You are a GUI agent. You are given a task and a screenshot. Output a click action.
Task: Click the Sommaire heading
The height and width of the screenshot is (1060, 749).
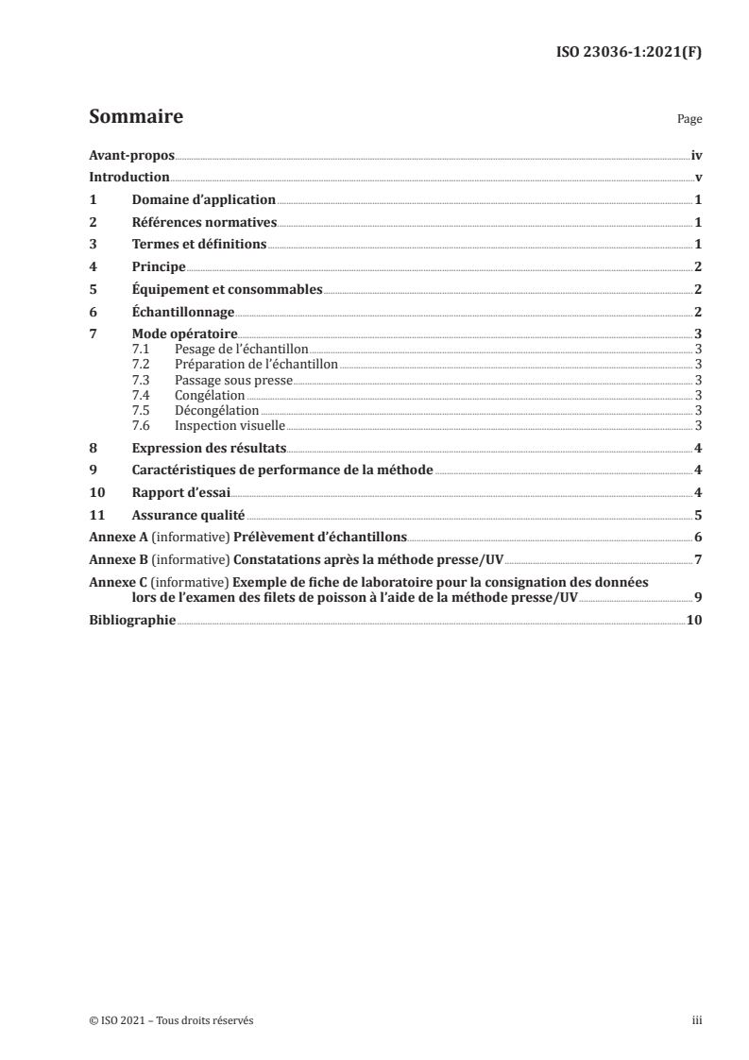135,118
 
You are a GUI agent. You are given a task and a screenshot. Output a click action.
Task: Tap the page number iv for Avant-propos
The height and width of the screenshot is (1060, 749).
696,156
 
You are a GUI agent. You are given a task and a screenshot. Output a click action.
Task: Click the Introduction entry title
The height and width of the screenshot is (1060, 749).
128,178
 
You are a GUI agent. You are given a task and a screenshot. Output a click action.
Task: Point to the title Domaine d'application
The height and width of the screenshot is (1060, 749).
203,200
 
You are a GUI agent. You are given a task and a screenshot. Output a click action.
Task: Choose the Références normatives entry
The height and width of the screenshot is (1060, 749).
204,223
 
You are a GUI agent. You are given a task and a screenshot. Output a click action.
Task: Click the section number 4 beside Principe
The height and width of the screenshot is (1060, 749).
93,267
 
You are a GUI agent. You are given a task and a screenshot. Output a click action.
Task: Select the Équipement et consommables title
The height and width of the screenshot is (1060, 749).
228,289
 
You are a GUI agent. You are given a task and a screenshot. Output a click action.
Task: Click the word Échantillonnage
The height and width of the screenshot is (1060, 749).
182,312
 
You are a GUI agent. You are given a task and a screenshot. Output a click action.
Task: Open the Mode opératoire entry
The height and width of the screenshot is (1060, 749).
184,334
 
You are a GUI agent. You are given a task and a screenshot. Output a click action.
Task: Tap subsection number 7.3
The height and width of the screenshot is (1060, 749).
140,380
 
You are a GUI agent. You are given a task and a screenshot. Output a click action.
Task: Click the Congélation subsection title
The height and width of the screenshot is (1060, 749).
210,395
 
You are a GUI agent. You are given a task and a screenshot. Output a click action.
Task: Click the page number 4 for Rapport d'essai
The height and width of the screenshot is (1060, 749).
697,492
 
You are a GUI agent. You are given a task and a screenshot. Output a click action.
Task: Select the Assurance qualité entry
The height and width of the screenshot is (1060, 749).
188,515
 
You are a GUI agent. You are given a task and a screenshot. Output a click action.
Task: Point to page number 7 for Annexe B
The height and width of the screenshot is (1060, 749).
697,559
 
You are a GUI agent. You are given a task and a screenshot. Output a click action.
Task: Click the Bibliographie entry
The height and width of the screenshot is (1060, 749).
132,620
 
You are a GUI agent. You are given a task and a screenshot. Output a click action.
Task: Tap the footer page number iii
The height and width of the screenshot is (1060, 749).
697,1021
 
